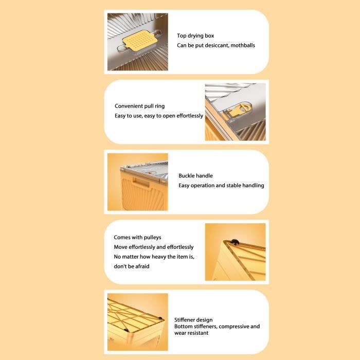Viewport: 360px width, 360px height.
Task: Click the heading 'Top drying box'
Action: coord(195,36)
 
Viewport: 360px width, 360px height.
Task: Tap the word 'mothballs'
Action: coord(243,45)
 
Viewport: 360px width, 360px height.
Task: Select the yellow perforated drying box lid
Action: coord(140,40)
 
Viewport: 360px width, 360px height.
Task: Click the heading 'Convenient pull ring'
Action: coord(139,106)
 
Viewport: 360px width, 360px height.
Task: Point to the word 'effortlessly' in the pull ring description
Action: coord(190,116)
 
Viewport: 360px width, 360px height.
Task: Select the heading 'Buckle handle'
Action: coord(195,176)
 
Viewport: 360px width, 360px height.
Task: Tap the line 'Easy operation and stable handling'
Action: coord(221,186)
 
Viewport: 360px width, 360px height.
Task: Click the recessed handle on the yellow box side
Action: coord(141,182)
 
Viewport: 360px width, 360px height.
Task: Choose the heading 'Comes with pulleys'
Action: coord(137,238)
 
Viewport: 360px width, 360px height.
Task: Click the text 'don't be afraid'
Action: coord(132,266)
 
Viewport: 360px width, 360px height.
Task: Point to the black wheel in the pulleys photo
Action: coord(235,242)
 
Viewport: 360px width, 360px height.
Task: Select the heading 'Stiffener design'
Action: coord(193,320)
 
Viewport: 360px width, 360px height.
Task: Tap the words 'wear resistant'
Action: coord(191,333)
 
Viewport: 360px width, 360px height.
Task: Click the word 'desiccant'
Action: coord(217,45)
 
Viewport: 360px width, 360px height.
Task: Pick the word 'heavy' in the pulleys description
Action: coord(160,257)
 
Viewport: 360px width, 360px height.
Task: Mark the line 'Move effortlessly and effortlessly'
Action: coord(154,247)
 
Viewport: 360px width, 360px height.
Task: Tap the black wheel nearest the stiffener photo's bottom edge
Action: coord(126,330)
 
